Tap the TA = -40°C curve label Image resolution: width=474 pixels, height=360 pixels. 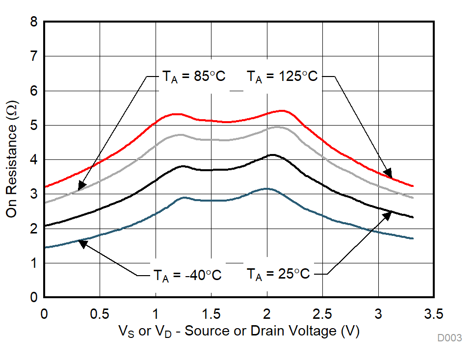(x=186, y=275)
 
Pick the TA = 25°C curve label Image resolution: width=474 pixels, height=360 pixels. (x=278, y=274)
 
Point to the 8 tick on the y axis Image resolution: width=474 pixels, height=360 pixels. (x=33, y=22)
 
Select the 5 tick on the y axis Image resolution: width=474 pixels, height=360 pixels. (x=33, y=126)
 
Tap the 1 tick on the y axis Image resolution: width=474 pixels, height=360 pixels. (x=33, y=263)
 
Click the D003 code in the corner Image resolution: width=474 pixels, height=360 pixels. (x=450, y=338)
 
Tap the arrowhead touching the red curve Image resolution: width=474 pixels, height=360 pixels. (x=388, y=173)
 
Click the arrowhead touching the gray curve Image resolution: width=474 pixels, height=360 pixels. (x=81, y=186)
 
